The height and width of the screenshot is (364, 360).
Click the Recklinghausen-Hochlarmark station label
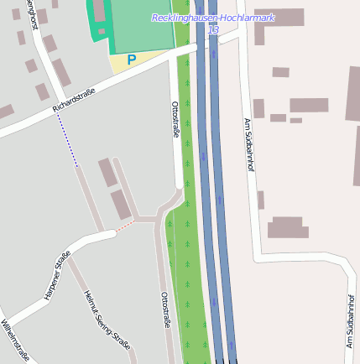pyautogui.click(x=213, y=18)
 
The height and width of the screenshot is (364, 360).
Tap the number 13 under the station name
pyautogui.click(x=213, y=29)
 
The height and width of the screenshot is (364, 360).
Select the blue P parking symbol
pyautogui.click(x=131, y=60)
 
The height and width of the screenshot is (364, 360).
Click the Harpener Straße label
pyautogui.click(x=56, y=276)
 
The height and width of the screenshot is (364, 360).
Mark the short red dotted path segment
pyautogui.click(x=124, y=225)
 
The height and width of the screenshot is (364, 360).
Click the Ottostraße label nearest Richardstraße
pyautogui.click(x=175, y=118)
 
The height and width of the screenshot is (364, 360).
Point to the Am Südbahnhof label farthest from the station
pyautogui.click(x=350, y=321)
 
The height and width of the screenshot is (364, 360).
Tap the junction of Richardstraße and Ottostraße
pyautogui.click(x=174, y=65)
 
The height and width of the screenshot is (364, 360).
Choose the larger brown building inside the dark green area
pyautogui.click(x=100, y=12)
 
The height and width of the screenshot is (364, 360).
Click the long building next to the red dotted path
pyautogui.click(x=122, y=204)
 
